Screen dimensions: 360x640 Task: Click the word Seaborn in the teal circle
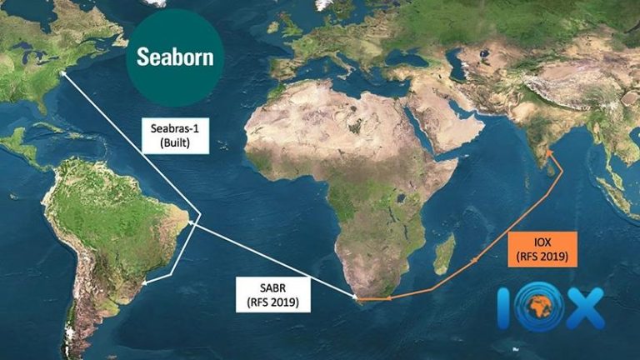[175, 57]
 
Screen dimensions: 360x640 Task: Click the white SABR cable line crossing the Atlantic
[275, 259]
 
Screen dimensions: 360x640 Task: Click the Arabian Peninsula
[455, 125]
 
